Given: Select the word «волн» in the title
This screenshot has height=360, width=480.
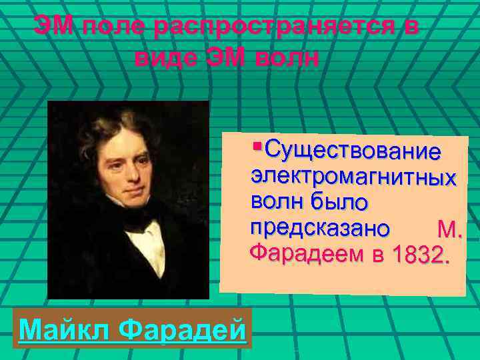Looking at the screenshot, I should point(287,57).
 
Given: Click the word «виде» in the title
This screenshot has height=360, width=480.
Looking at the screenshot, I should point(163,57).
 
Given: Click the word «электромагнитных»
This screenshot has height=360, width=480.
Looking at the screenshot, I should point(353,177).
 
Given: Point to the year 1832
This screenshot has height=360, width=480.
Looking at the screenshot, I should point(419,256).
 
